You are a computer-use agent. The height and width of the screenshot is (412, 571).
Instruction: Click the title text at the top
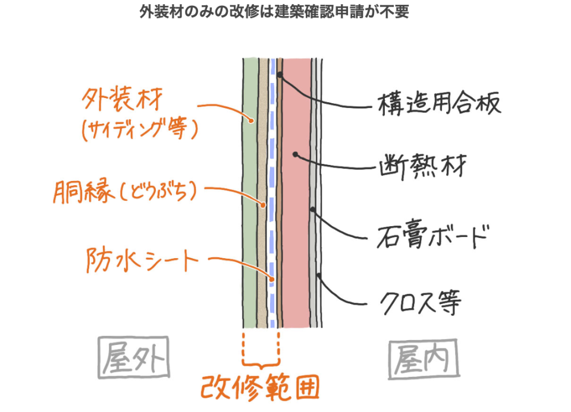(274, 12)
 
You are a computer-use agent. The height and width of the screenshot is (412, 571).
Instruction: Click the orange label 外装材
(122, 99)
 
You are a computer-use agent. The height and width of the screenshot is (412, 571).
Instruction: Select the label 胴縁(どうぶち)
(125, 192)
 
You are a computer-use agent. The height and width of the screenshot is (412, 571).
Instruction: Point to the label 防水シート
(142, 260)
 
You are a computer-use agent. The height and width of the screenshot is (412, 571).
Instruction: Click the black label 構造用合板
(439, 103)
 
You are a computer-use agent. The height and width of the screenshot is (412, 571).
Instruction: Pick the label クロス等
(421, 302)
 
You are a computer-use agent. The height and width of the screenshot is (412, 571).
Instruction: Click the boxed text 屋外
(134, 357)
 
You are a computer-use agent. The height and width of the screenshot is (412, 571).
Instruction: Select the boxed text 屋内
(423, 359)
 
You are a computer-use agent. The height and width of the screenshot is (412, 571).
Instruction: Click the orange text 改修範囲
(260, 387)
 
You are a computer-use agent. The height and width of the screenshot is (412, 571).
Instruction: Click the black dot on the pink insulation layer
(296, 154)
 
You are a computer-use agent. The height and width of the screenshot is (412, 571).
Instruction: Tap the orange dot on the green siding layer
(251, 121)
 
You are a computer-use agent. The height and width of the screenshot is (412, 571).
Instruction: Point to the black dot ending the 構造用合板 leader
(280, 74)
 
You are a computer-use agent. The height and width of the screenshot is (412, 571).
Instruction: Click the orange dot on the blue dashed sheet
(272, 280)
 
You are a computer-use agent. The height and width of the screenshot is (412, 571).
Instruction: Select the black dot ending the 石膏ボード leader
(312, 210)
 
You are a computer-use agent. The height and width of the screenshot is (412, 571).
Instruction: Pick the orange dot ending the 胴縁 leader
(263, 205)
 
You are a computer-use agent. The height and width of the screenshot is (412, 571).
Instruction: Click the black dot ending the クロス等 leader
(319, 275)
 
